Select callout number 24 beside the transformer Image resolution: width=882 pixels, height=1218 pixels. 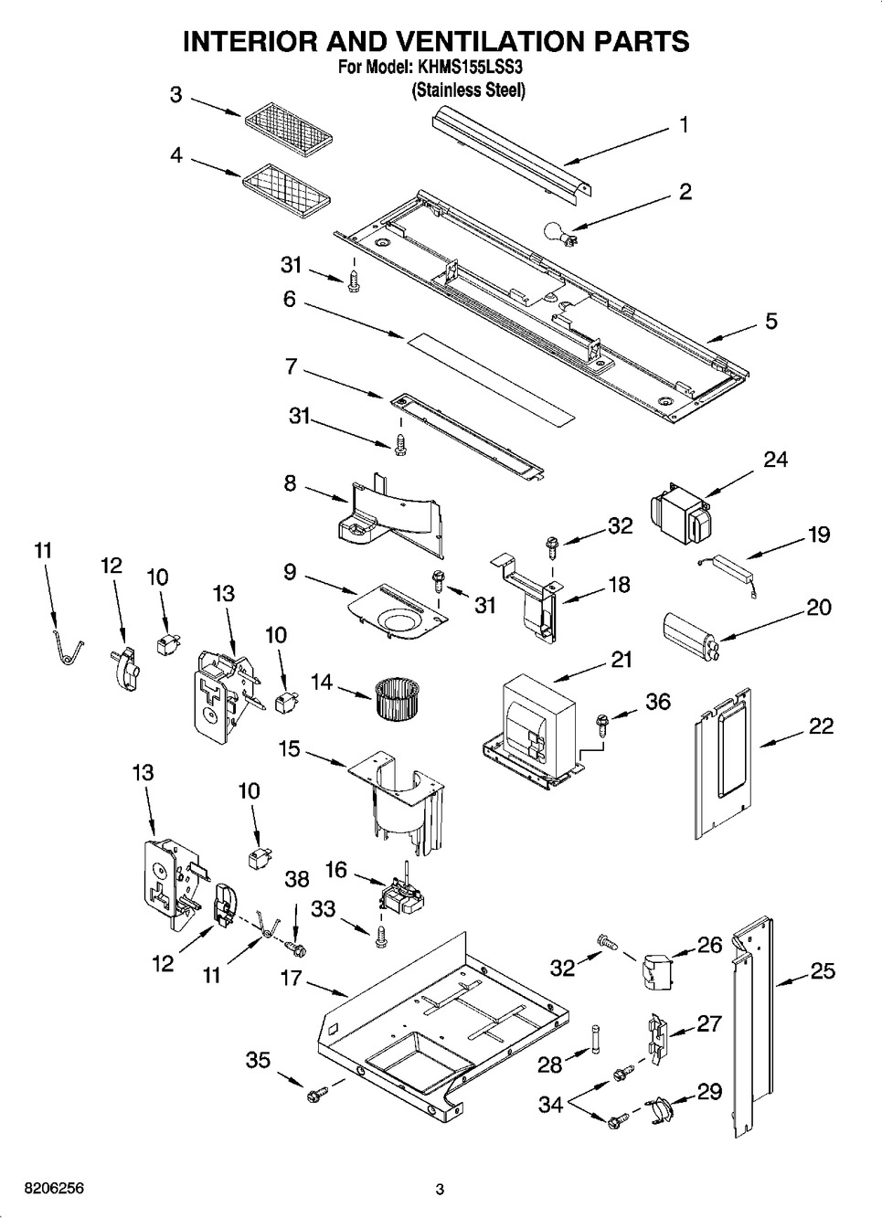pos(775,460)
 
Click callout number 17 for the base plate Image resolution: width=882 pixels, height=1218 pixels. pos(291,979)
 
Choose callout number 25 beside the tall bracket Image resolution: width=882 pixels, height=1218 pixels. pos(823,971)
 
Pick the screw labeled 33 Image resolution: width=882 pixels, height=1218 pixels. pos(382,935)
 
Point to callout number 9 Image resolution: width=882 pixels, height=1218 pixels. pos(290,573)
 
